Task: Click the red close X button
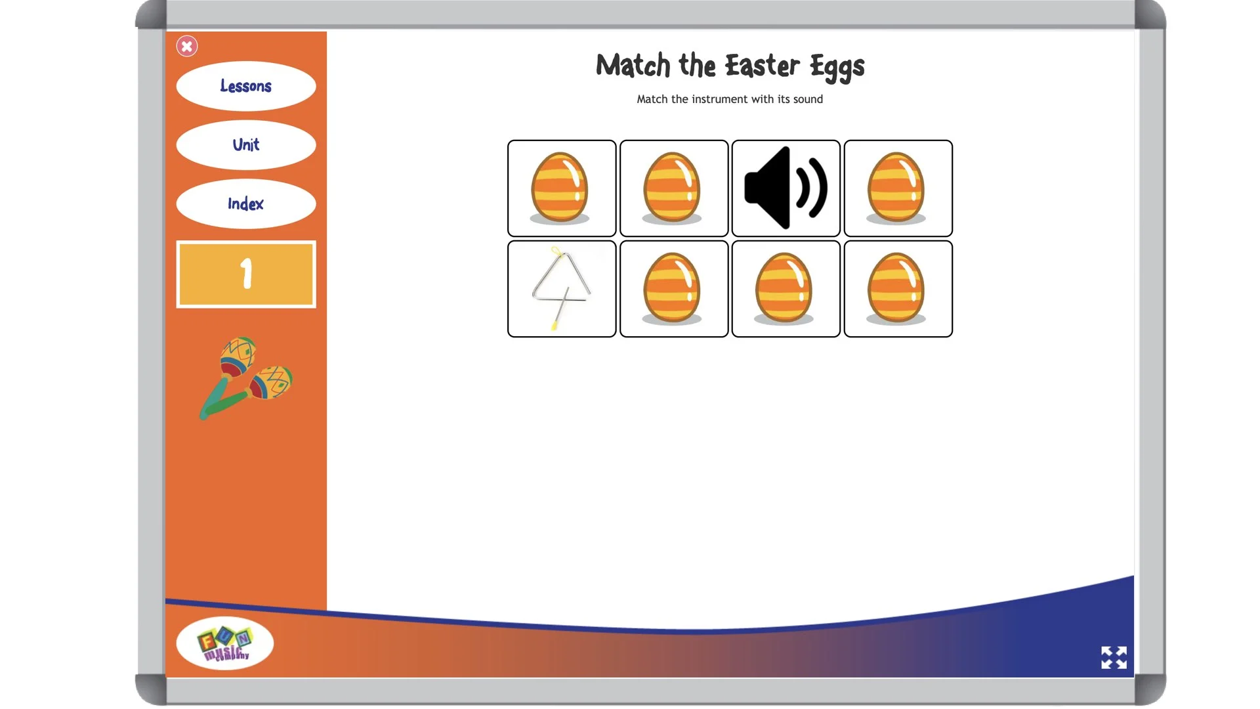(x=187, y=46)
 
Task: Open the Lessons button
(x=246, y=86)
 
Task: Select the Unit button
(x=246, y=144)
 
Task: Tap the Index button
(x=246, y=204)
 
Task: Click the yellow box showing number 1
(x=246, y=274)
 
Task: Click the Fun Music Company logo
(x=224, y=643)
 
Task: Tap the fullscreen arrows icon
(x=1114, y=657)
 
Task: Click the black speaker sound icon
(x=786, y=188)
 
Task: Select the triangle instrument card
(x=562, y=289)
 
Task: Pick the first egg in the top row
(x=562, y=188)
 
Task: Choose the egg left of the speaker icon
(x=673, y=188)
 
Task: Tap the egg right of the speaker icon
(x=898, y=188)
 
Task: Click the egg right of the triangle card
(x=673, y=289)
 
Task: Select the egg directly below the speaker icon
(x=786, y=289)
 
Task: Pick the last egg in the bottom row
(x=898, y=289)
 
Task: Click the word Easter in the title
(x=762, y=66)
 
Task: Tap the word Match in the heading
(x=633, y=66)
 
